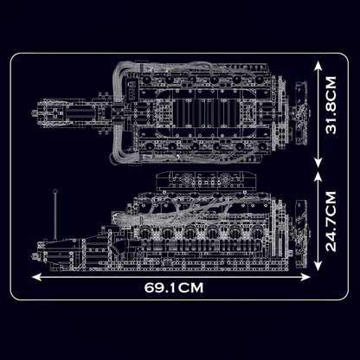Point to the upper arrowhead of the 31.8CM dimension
[x=322, y=63]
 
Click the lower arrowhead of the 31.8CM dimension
[x=322, y=167]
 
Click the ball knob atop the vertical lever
[x=57, y=194]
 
